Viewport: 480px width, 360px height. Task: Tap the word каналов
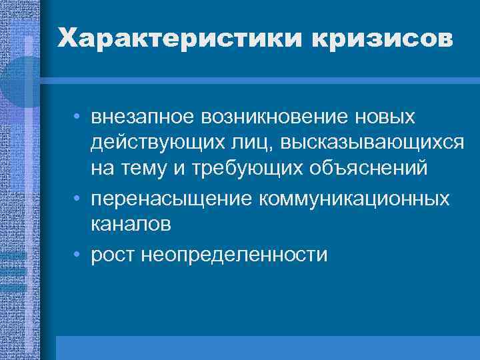131,225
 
